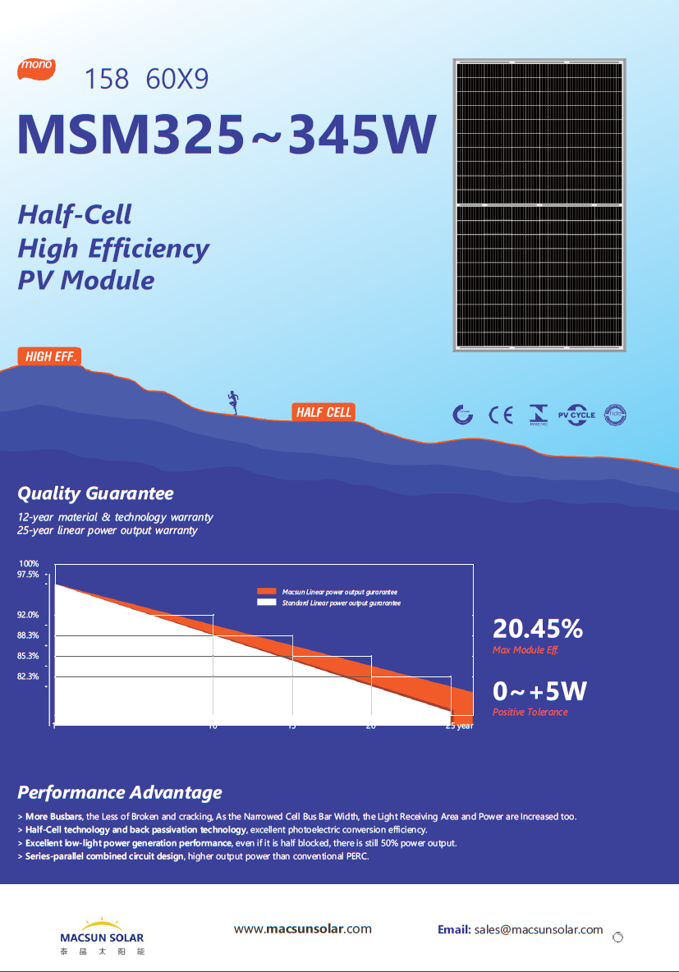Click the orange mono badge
coord(36,66)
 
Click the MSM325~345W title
coord(226,134)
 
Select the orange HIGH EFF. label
coord(51,356)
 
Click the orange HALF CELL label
coord(323,412)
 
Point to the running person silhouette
coord(234,401)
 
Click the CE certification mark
coord(500,415)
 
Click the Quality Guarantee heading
coord(95,493)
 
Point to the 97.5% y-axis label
coord(29,575)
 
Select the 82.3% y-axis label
coord(29,676)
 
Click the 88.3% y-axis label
coord(29,635)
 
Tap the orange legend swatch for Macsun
coord(266,592)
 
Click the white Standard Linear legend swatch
coord(266,603)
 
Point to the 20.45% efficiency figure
coord(538,629)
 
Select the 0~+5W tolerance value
coord(539,691)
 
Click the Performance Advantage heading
coord(120,792)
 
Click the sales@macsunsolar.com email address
coord(539,930)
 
